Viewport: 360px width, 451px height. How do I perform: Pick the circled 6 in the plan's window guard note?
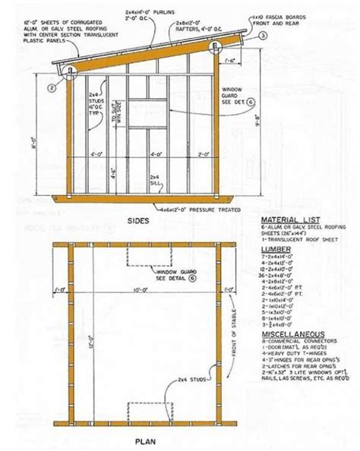click(x=194, y=278)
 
